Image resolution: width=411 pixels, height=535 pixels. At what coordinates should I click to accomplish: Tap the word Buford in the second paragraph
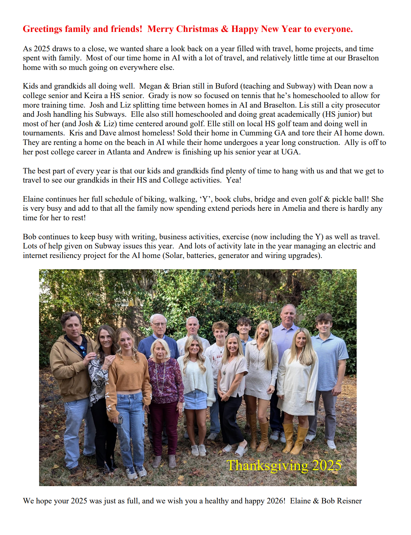click(227, 86)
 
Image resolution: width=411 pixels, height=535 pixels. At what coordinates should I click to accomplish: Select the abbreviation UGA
click(290, 152)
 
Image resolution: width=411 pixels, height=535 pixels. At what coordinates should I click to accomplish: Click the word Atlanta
click(119, 152)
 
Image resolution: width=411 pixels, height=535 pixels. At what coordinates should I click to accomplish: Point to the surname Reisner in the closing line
click(349, 501)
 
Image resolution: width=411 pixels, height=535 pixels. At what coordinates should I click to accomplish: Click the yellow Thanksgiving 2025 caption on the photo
click(284, 465)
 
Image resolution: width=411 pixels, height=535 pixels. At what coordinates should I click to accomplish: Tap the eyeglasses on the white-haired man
click(159, 325)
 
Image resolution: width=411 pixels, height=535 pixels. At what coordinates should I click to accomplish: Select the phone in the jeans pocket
click(120, 420)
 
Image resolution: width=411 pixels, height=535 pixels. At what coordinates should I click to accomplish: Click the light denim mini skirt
click(195, 400)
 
